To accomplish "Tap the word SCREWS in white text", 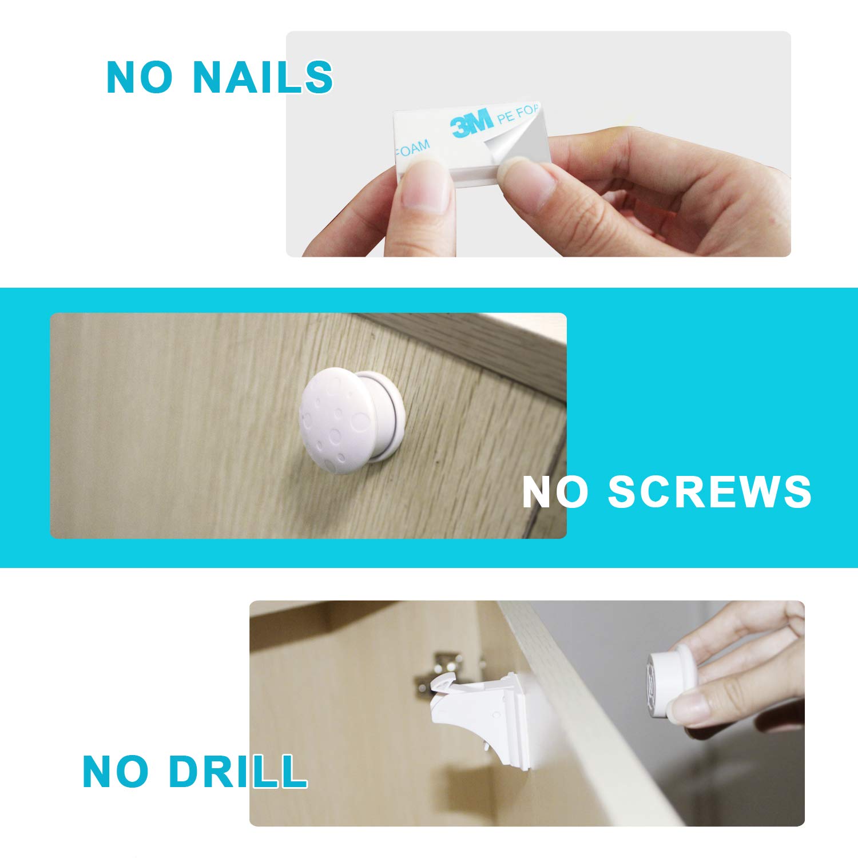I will [x=709, y=491].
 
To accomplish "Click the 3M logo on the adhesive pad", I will [x=471, y=123].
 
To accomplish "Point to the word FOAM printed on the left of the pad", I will [x=412, y=150].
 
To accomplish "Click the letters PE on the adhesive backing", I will [x=506, y=118].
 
